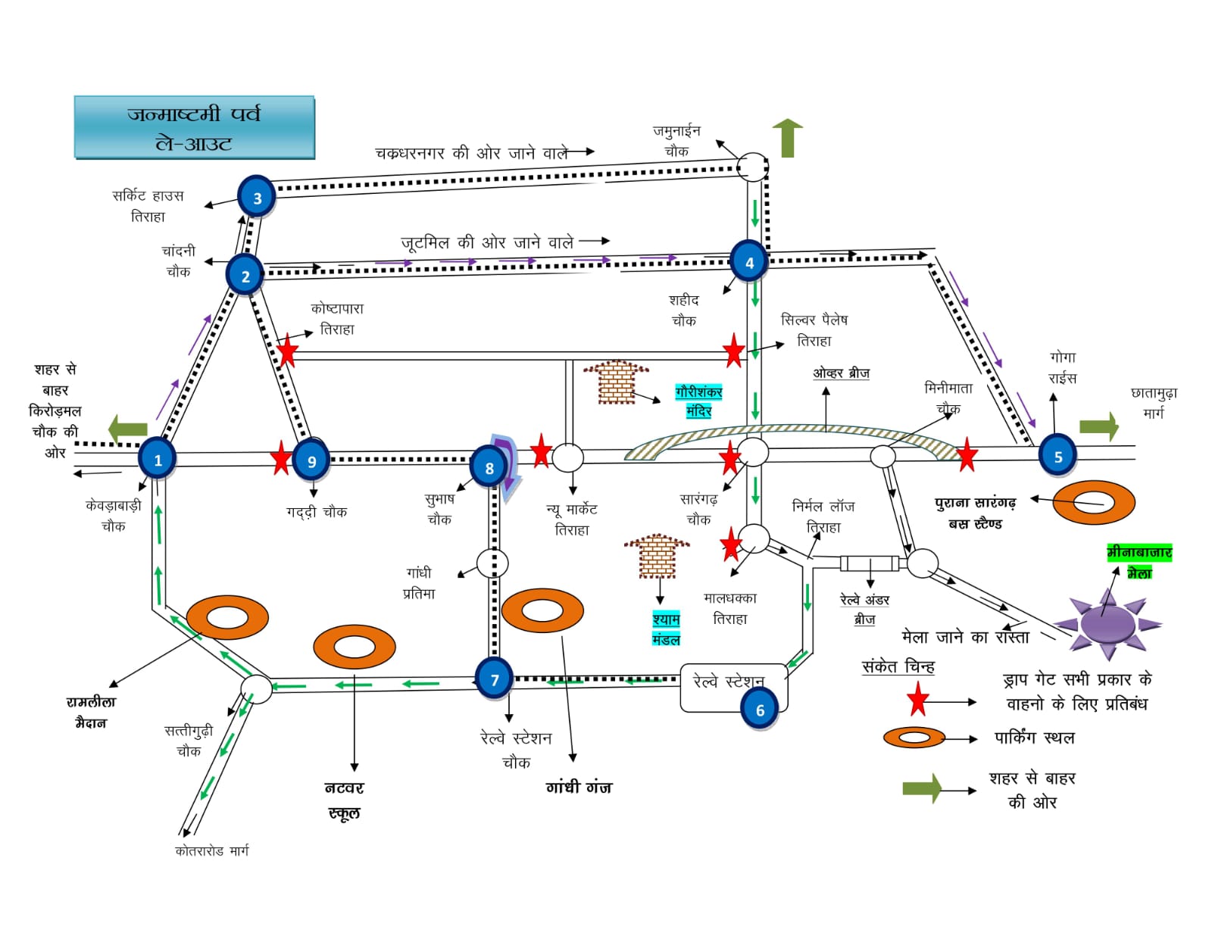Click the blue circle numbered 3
tap(257, 197)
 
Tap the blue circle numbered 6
tap(760, 710)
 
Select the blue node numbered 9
tap(311, 461)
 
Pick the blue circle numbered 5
tap(1057, 456)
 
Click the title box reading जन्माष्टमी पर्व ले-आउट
tap(194, 127)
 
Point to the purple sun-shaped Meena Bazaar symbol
tap(1107, 623)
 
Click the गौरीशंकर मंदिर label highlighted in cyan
tap(698, 401)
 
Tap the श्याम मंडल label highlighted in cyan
tap(666, 629)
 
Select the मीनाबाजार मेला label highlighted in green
tap(1139, 562)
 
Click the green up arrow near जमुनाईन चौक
tap(787, 138)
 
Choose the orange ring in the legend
tap(914, 737)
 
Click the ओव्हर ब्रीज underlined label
tap(841, 373)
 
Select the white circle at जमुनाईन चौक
tap(753, 166)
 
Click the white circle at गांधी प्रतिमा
tap(492, 563)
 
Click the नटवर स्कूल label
tap(344, 800)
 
